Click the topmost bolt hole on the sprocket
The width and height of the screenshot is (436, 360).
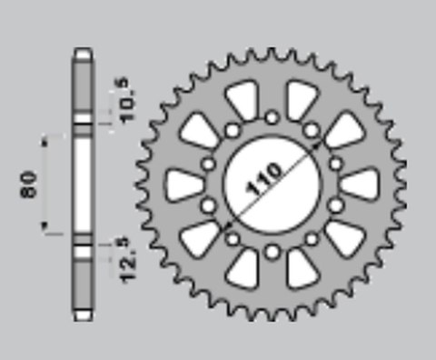pos(272,115)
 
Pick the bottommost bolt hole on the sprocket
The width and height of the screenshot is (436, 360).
pos(272,249)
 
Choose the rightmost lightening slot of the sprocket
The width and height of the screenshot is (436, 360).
pos(360,185)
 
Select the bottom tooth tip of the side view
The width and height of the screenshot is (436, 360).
pos(82,317)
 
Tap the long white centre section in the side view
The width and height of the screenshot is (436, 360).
pos(82,186)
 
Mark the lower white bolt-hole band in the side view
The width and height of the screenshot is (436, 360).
pos(82,248)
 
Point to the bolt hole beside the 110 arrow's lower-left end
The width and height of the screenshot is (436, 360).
pos(233,237)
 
